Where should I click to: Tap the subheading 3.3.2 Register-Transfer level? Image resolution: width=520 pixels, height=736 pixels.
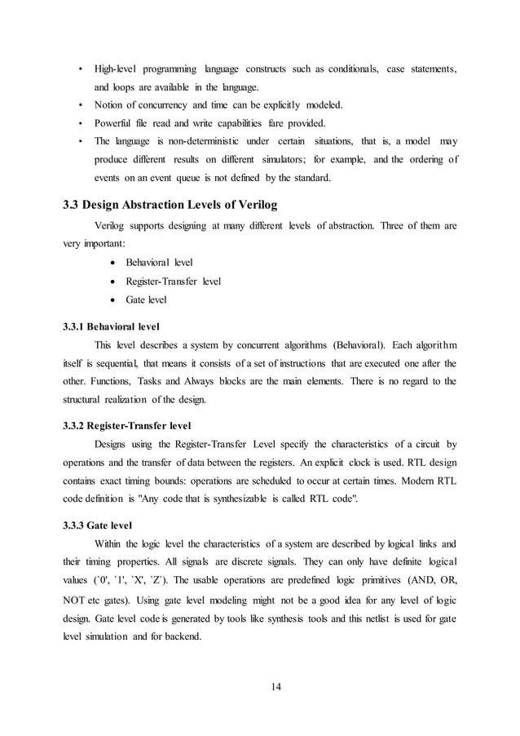[126, 425]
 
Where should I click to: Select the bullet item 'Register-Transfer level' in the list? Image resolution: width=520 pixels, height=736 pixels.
[173, 282]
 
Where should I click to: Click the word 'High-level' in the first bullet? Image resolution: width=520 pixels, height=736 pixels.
[117, 69]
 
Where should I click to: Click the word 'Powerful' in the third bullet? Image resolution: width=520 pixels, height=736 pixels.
[115, 123]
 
